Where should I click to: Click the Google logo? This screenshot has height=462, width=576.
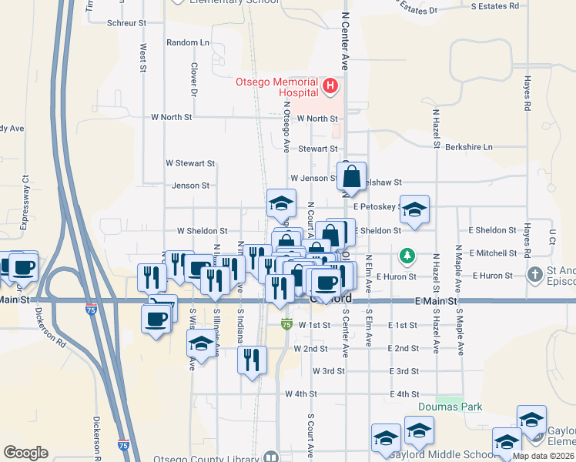25,452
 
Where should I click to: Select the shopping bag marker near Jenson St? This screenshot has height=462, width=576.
352,177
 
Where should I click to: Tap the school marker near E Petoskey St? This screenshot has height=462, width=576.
414,209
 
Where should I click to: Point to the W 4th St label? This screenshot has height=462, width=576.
301,393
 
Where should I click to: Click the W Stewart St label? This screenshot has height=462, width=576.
190,163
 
